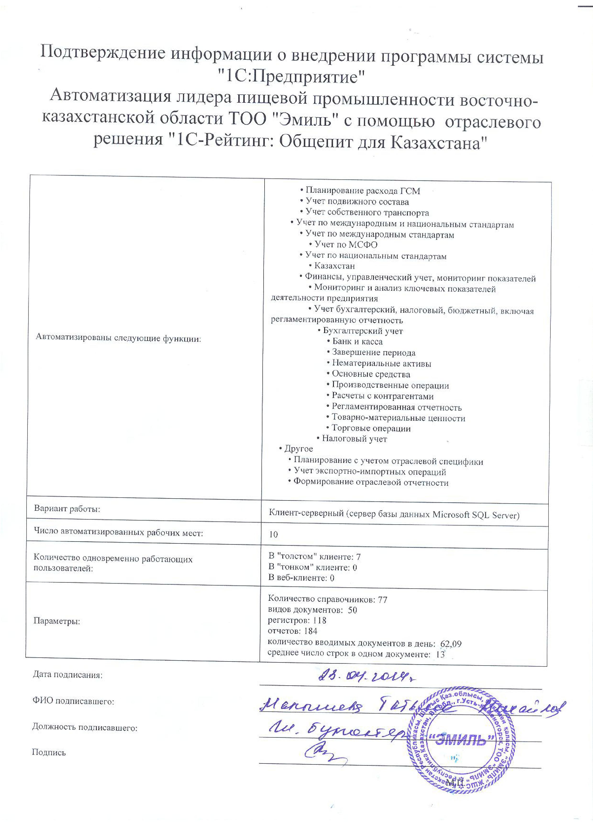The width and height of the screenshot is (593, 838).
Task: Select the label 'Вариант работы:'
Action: point(67,509)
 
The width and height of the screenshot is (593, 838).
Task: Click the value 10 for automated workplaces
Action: point(273,535)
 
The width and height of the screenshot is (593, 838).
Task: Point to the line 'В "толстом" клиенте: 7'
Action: point(315,557)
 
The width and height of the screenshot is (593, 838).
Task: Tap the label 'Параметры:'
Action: point(57,621)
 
